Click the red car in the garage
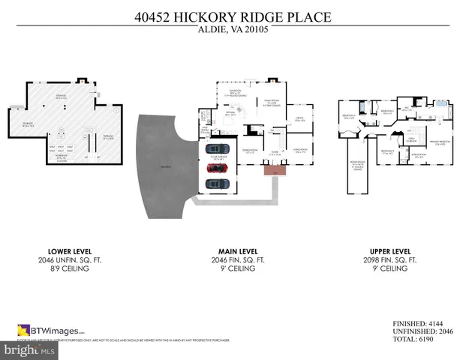tap(218, 166)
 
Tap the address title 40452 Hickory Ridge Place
tap(233, 16)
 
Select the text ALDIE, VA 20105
tap(233, 30)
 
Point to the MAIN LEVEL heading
tap(233, 251)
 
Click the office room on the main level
tap(298, 119)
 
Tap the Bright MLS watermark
tap(30, 349)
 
